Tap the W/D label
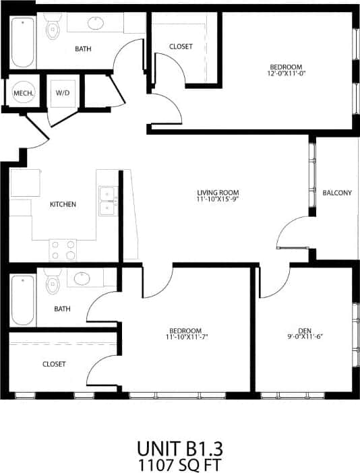pos(63,92)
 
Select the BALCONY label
pos(337,193)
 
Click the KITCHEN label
pos(63,204)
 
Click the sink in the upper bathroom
pos(96,24)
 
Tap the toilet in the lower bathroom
pos(53,284)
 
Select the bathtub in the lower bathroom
pos(22,300)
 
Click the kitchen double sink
pos(107,201)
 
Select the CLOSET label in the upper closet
pos(181,46)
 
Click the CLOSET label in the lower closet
pos(54,364)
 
